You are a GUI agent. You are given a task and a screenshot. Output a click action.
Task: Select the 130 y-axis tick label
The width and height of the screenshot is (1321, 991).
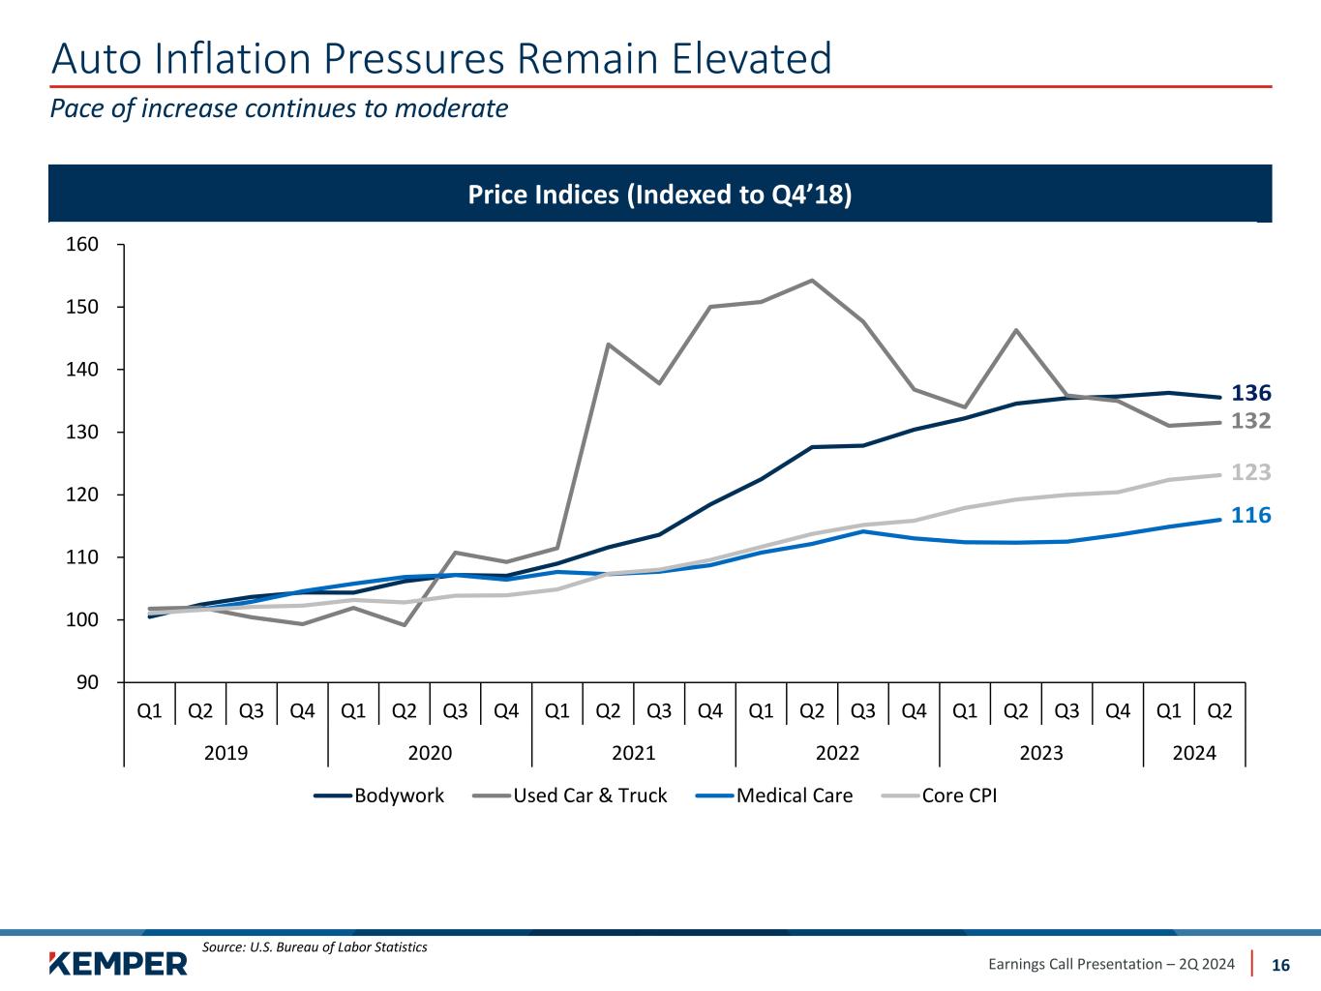(86, 432)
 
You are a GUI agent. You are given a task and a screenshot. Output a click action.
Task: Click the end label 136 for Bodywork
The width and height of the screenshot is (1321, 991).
(1250, 393)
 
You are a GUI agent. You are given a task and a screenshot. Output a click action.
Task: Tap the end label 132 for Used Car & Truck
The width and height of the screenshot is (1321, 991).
(1250, 421)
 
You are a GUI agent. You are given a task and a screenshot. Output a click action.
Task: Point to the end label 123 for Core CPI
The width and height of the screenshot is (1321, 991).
(1250, 472)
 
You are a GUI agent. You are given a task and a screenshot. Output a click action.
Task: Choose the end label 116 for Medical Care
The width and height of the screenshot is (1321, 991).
(1250, 515)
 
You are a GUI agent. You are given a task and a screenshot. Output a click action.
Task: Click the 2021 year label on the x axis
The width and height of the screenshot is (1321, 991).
(634, 753)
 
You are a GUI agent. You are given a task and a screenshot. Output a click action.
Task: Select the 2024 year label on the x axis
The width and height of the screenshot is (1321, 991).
(1194, 753)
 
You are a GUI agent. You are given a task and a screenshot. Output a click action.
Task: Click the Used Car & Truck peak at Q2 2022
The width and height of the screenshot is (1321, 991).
(812, 281)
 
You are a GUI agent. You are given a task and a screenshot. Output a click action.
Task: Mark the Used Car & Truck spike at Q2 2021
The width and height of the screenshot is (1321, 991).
(608, 345)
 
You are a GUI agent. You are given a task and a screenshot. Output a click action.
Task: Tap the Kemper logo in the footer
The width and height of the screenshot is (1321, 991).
(118, 964)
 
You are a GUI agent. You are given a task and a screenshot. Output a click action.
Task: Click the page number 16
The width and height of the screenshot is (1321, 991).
(1280, 965)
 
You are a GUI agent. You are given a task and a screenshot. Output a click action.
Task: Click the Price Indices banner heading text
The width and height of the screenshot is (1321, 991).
(660, 195)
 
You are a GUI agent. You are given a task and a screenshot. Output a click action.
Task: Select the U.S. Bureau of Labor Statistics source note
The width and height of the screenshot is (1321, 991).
(315, 946)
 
